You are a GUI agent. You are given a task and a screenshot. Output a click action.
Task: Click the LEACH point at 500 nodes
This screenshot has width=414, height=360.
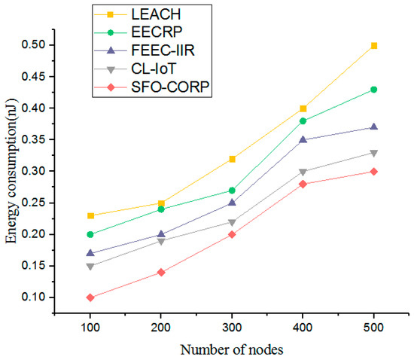pyautogui.click(x=374, y=46)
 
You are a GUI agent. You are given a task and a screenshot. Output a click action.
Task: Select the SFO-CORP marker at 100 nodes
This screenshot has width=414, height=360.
pyautogui.click(x=90, y=297)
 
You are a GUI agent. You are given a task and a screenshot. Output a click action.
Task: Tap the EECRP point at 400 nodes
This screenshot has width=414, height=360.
pyautogui.click(x=303, y=121)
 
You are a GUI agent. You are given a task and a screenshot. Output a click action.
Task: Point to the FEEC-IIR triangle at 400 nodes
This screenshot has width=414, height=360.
pyautogui.click(x=303, y=139)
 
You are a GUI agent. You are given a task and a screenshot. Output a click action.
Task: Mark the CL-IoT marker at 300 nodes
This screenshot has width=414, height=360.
pyautogui.click(x=232, y=223)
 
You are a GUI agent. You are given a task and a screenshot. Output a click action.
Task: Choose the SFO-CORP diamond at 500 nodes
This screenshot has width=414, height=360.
pyautogui.click(x=374, y=172)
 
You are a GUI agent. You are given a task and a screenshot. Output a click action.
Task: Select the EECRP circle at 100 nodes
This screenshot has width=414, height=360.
pyautogui.click(x=90, y=234)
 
